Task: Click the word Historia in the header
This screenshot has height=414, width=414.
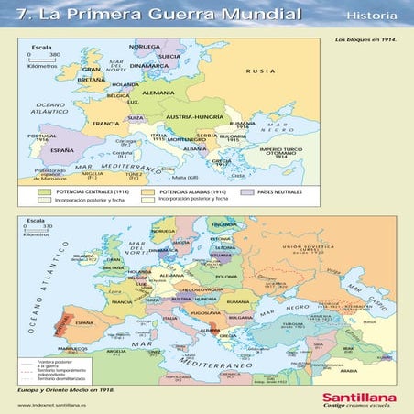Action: tap(372, 17)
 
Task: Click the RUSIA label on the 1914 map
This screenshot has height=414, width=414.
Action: tap(267, 71)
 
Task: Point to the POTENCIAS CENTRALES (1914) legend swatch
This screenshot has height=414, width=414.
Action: tap(44, 193)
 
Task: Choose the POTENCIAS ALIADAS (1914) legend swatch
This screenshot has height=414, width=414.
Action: tap(147, 193)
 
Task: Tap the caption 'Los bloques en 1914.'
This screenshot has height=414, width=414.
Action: tap(365, 40)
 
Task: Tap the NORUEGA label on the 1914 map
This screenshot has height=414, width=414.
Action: tap(144, 45)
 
